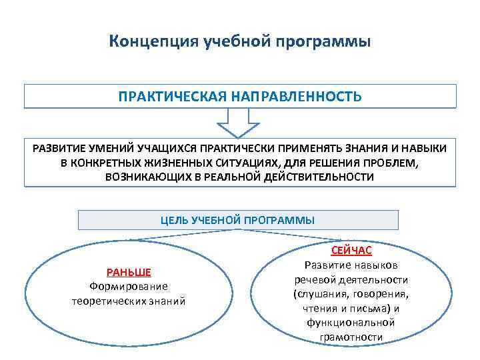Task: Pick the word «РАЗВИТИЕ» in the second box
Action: (x=59, y=147)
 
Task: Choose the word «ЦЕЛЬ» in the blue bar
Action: (x=175, y=220)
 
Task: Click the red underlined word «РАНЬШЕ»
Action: (x=129, y=272)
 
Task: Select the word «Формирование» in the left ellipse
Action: (x=129, y=287)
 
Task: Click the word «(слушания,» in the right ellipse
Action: (x=319, y=293)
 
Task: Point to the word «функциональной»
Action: (x=351, y=323)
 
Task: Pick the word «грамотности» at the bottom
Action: (x=351, y=337)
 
